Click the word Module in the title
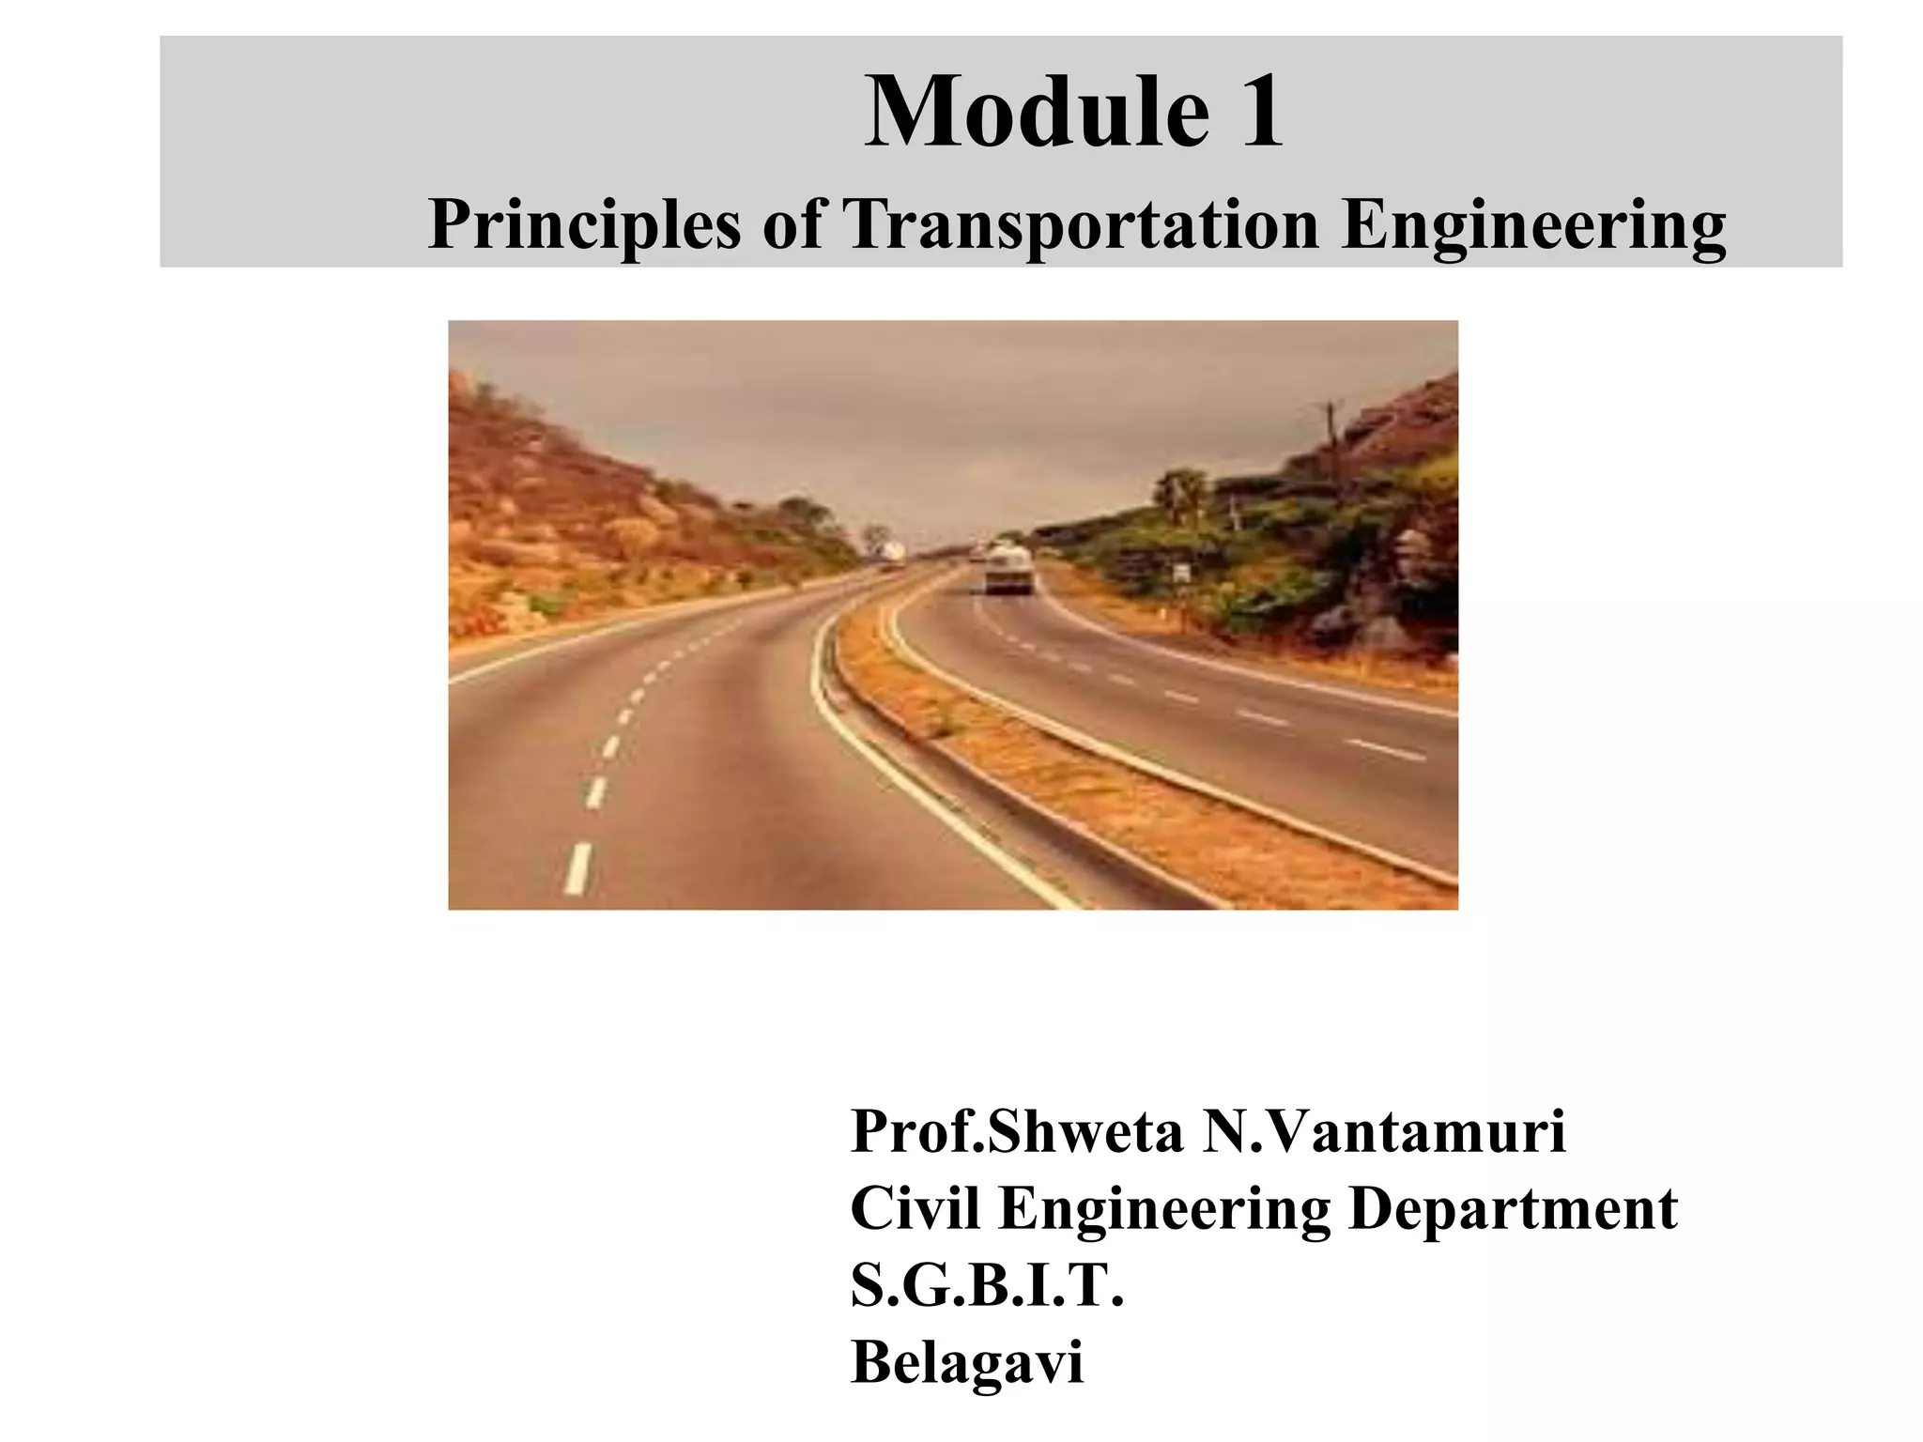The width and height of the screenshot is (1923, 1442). [1036, 113]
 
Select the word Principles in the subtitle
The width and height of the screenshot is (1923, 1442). [583, 226]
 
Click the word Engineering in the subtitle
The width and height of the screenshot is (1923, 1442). [1533, 227]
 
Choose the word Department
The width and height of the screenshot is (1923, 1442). [1513, 1210]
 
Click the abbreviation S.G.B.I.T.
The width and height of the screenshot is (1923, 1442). [987, 1285]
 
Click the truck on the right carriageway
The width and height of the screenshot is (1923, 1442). [1009, 569]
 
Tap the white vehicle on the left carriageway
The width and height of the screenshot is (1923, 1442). [893, 554]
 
